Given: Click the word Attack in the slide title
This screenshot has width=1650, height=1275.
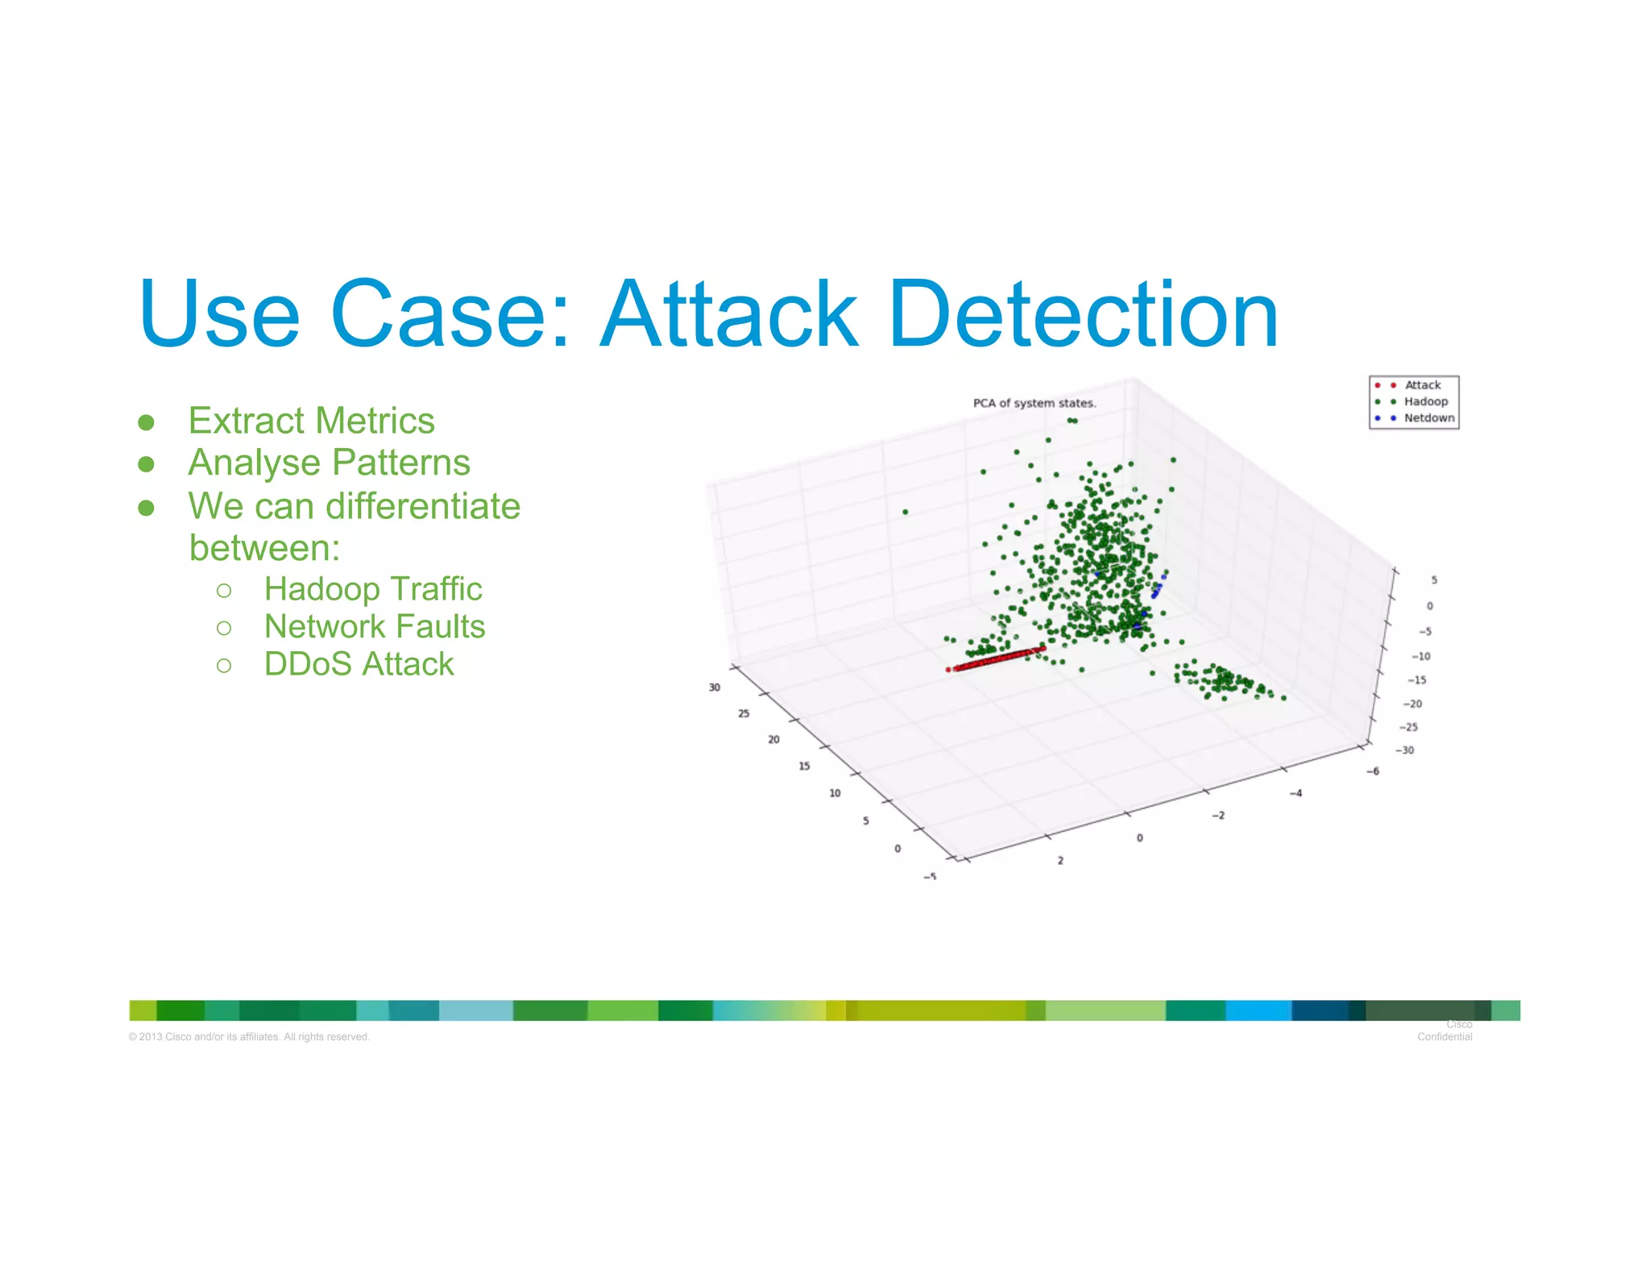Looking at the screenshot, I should point(729,314).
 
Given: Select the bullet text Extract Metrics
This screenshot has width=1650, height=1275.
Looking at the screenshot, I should point(311,421).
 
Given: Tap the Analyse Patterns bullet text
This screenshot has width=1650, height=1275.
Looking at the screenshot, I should point(329,463).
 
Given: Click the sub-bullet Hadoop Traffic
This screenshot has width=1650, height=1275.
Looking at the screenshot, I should point(373,589).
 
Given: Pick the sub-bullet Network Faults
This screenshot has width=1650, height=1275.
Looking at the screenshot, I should point(375,627).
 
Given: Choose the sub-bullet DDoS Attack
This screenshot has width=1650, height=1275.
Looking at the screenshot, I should point(359,664).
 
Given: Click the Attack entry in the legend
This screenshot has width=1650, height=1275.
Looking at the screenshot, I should point(1422,385).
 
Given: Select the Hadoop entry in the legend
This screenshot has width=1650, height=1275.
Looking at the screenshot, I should point(1425,401).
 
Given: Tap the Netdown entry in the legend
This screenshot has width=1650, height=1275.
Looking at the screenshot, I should point(1428,418).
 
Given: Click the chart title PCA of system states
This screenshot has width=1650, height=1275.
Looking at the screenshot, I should point(1034,403).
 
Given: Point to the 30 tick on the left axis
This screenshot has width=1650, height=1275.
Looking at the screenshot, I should point(714,687).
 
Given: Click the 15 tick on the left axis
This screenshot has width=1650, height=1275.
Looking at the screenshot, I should point(804,766).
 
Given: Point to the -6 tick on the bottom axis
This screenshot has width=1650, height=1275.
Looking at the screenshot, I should point(1373,771).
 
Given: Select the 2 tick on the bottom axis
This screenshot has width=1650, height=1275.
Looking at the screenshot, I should point(1060,861).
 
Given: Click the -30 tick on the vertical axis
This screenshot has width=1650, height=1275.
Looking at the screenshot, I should point(1405,750).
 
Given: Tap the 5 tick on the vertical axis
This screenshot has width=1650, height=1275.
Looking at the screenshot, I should point(1434,580).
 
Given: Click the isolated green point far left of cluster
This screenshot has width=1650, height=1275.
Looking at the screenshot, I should point(906,512).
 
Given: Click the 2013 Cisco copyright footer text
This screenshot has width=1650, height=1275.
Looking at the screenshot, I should point(249,1037).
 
